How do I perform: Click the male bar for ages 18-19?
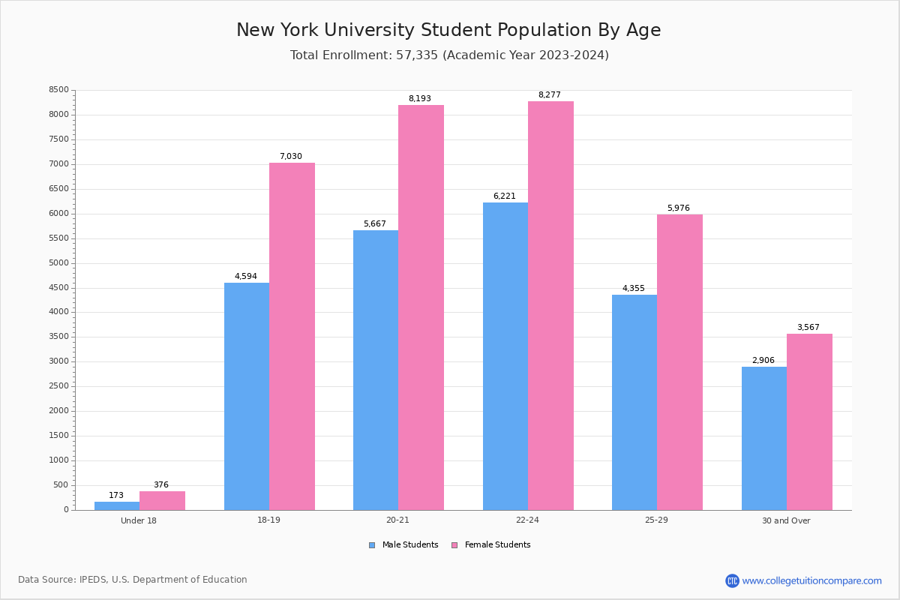(x=246, y=396)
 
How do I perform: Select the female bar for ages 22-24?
(x=550, y=305)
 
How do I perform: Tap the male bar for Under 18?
(x=117, y=505)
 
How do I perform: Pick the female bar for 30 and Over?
(x=809, y=421)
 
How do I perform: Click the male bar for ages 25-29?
(x=634, y=402)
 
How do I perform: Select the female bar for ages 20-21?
(x=421, y=307)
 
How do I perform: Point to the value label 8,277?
(x=549, y=95)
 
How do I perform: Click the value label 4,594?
(x=245, y=277)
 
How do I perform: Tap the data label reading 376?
(x=161, y=485)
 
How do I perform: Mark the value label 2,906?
(x=763, y=361)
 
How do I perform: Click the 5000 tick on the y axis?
(x=59, y=263)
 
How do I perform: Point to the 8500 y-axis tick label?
(x=59, y=90)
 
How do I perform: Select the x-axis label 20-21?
(x=397, y=520)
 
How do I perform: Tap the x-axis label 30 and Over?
(x=786, y=520)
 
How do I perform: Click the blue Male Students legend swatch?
(x=372, y=545)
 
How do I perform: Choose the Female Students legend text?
(x=497, y=545)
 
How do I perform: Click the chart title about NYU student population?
(x=448, y=30)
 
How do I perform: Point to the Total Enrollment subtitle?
(x=449, y=55)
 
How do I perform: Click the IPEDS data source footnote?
(x=133, y=580)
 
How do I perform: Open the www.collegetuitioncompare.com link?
(x=811, y=580)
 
